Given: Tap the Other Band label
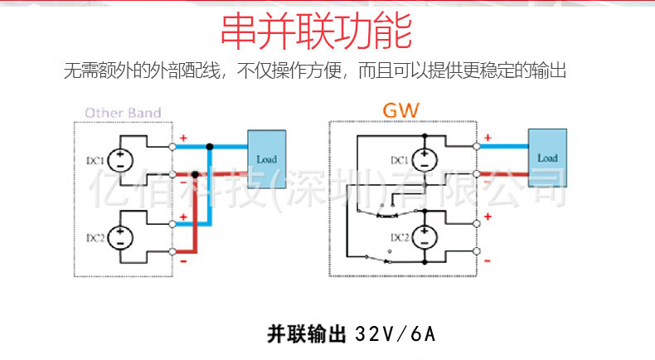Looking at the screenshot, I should click(123, 113).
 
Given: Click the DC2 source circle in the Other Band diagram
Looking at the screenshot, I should click(119, 236).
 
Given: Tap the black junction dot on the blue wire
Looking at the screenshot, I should click(210, 146).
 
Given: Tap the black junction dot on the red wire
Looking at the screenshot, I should click(195, 174).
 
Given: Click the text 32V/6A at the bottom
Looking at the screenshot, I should click(395, 335).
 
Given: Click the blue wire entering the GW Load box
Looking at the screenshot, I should click(506, 146).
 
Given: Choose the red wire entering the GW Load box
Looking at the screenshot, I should click(506, 174).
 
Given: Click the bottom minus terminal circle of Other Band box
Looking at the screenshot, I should click(172, 251).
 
